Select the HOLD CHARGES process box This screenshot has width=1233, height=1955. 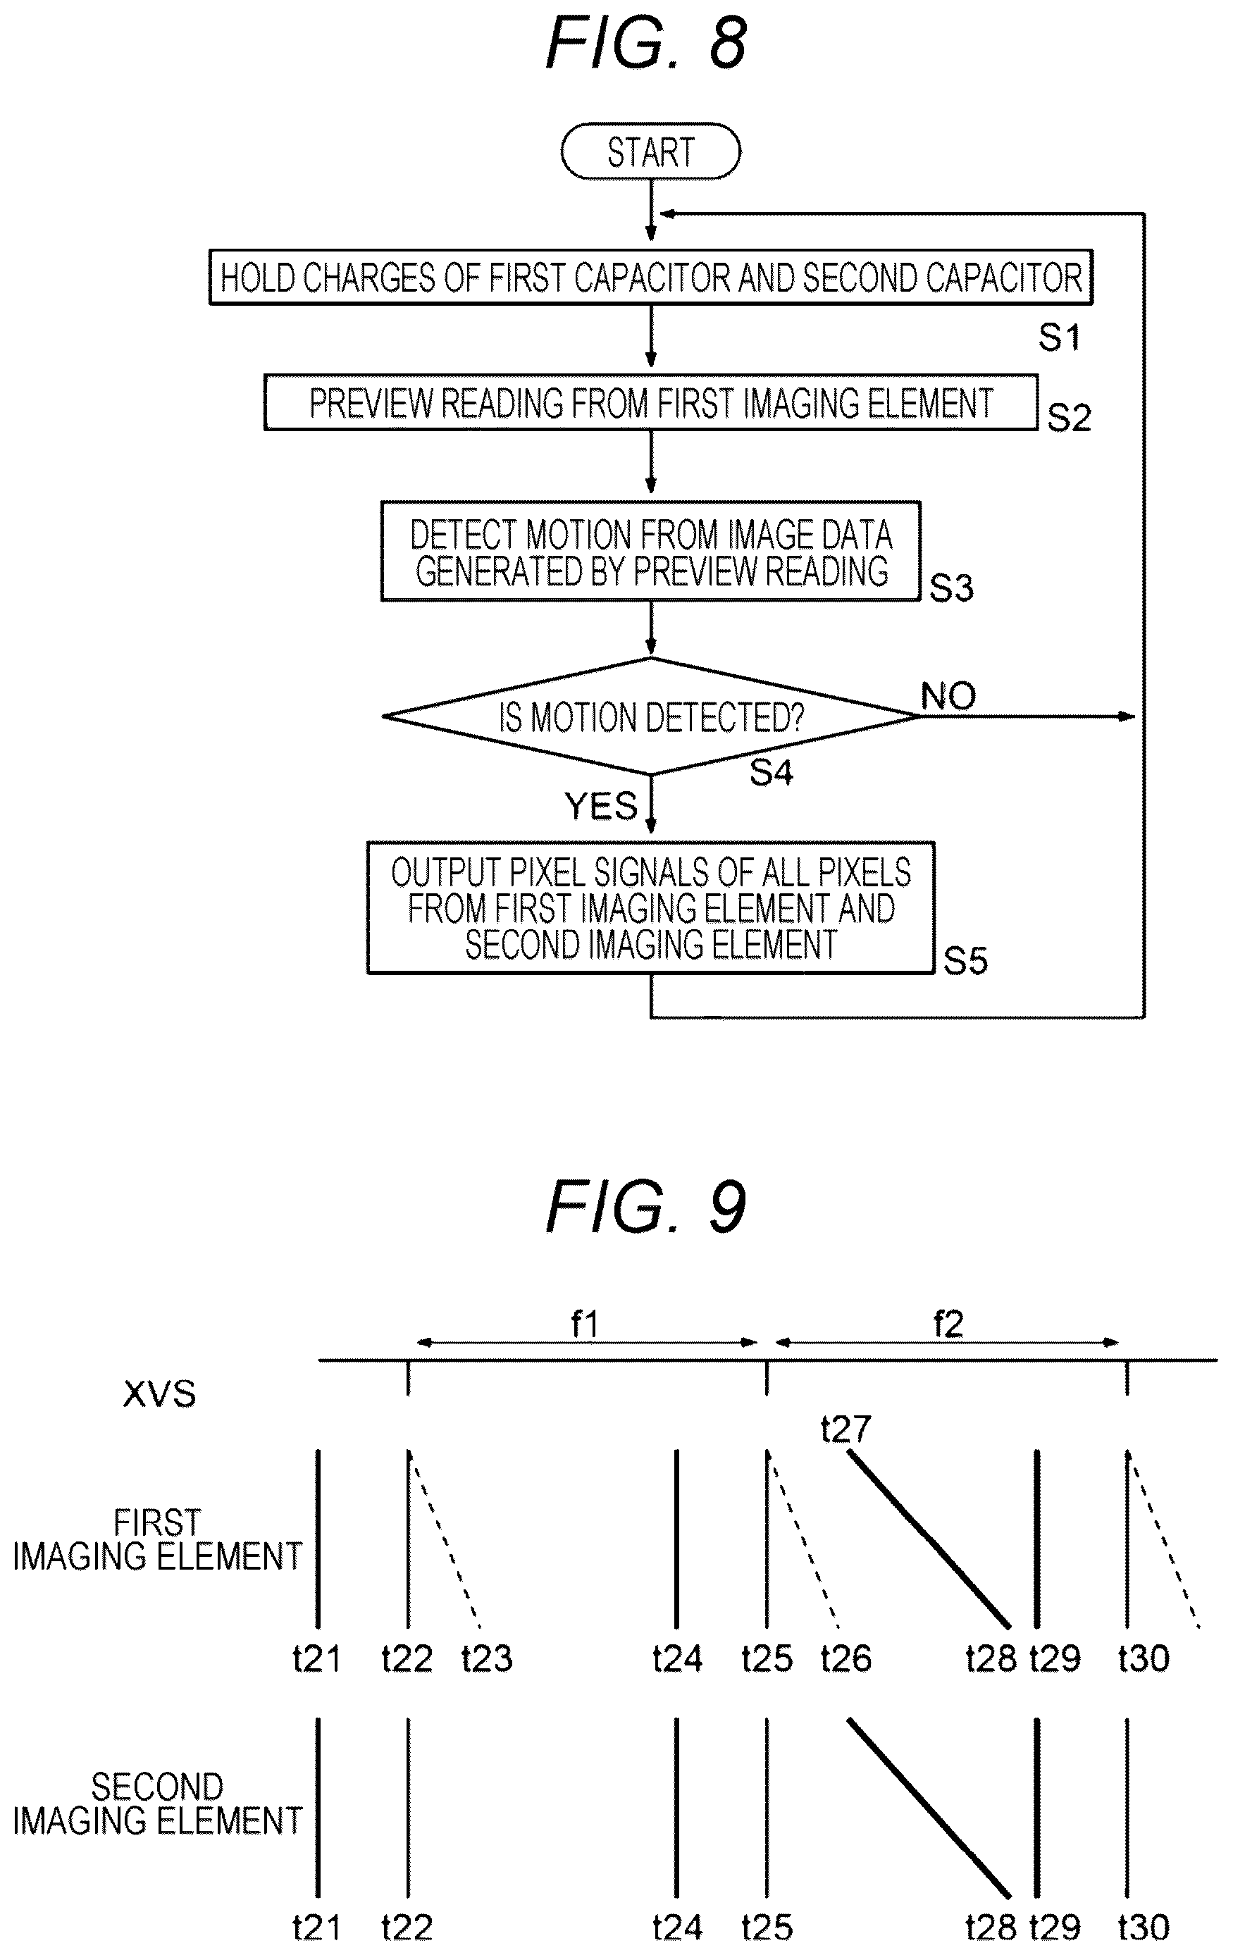[651, 277]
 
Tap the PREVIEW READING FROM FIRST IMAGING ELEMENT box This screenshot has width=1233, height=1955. [651, 402]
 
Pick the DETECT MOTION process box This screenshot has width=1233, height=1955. [651, 551]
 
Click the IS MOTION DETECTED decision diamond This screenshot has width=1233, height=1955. [651, 716]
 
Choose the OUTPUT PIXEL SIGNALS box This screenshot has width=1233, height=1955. [651, 907]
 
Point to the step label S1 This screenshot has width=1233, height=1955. [1059, 336]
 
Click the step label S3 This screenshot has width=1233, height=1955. [951, 588]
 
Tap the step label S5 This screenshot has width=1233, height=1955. [965, 960]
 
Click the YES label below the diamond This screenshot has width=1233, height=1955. [601, 806]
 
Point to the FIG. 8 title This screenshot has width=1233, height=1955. [646, 42]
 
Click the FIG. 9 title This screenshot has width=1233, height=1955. [646, 1208]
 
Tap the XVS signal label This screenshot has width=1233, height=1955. [159, 1394]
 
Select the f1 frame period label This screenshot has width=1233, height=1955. [584, 1324]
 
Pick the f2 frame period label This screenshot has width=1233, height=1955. [947, 1324]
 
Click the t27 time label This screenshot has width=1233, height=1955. [845, 1429]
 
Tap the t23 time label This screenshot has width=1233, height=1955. [487, 1658]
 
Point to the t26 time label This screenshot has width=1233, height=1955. [845, 1658]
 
